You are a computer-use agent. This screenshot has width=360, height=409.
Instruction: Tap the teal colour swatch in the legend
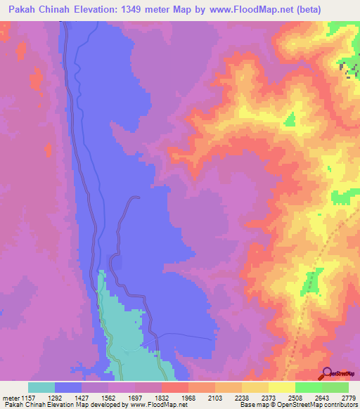(41, 387)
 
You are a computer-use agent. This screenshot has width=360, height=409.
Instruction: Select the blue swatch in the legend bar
(68, 387)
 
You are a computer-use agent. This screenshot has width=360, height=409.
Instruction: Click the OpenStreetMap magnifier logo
(327, 373)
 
